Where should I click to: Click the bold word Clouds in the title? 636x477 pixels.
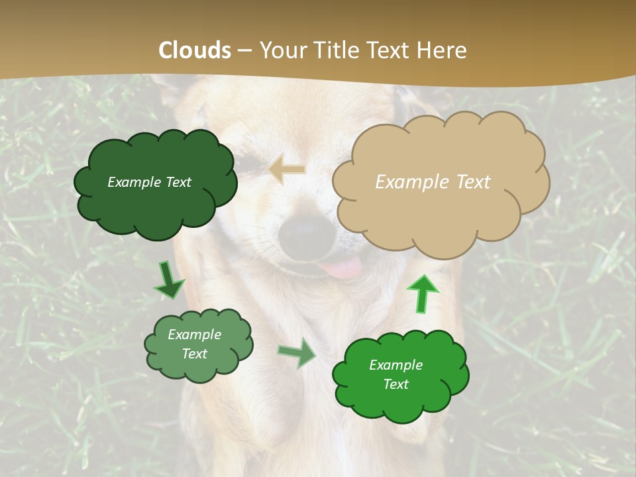(195, 50)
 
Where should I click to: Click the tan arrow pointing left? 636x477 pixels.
(288, 170)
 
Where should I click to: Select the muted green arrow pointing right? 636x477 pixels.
(297, 352)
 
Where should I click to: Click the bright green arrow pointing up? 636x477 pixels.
(422, 293)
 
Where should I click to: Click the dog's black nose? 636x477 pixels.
(306, 233)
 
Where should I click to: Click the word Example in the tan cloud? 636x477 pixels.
(411, 182)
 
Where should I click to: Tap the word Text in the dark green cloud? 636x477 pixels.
(177, 182)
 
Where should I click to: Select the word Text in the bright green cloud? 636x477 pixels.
(396, 384)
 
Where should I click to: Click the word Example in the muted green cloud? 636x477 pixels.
(194, 335)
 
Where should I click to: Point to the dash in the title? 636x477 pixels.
(244, 50)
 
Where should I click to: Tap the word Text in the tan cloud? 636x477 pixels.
(472, 182)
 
